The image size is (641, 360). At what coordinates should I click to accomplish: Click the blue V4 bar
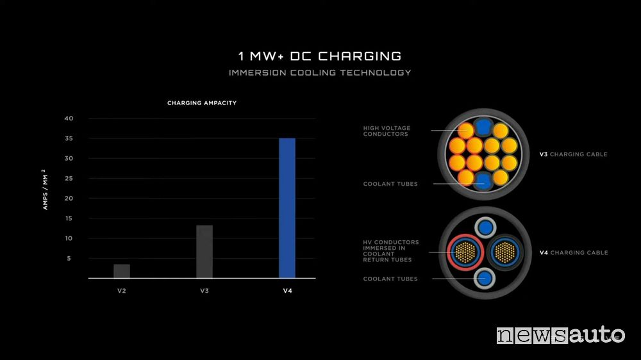[x=287, y=208]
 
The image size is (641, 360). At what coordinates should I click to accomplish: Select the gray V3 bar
[x=204, y=252]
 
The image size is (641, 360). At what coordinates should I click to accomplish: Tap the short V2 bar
[x=122, y=272]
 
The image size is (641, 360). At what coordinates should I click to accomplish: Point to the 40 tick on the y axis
[x=69, y=119]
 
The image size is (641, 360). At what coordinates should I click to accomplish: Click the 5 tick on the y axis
[x=69, y=258]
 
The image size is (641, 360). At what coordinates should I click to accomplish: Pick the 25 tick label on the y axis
[x=69, y=178]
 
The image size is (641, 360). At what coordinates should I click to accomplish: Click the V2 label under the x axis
[x=122, y=291]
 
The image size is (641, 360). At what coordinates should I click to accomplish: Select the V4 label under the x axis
[x=287, y=291]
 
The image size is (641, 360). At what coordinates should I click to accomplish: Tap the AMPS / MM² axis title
[x=45, y=190]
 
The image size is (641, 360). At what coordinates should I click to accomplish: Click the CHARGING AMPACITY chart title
[x=202, y=103]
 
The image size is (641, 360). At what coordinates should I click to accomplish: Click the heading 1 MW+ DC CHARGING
[x=320, y=56]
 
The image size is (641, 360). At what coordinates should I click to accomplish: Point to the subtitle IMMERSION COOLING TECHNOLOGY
[x=320, y=73]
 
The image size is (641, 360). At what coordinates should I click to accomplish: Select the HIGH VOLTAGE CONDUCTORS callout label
[x=387, y=131]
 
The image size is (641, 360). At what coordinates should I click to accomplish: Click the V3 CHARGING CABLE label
[x=573, y=154]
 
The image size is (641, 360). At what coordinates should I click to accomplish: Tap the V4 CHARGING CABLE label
[x=574, y=252]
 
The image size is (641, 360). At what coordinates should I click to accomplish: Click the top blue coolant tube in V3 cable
[x=483, y=127]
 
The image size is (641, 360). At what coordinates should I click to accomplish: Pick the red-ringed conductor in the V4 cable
[x=465, y=252]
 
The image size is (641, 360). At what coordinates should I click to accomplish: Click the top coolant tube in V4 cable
[x=486, y=227]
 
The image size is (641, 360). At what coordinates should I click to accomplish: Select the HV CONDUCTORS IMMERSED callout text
[x=391, y=251]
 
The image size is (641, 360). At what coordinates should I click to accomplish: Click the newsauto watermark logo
[x=560, y=335]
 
